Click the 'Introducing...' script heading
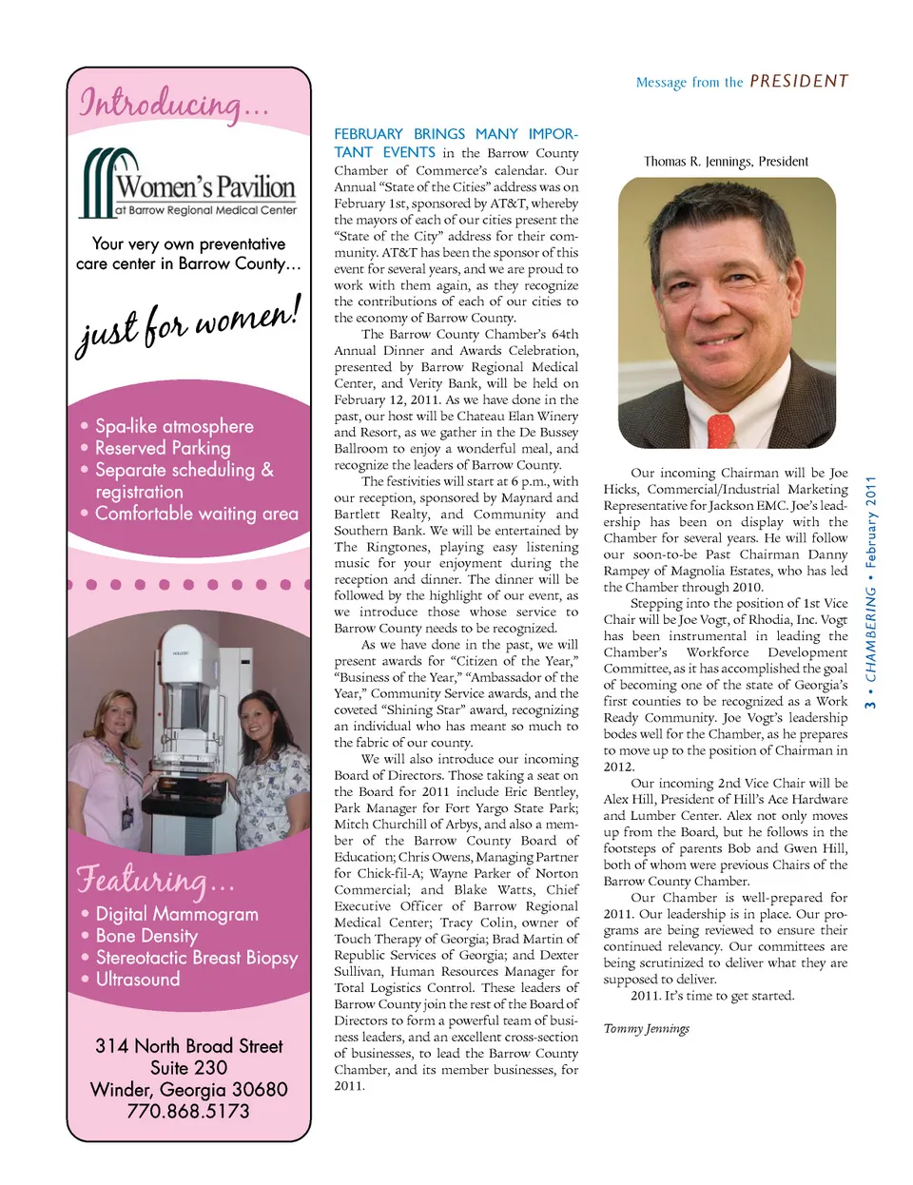(x=172, y=104)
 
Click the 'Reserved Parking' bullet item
(x=163, y=448)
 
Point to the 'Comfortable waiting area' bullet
(x=196, y=514)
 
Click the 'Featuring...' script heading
(x=154, y=880)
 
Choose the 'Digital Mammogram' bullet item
(x=177, y=914)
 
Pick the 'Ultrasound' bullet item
(x=138, y=980)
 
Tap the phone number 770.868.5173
(x=188, y=1111)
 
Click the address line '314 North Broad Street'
(x=188, y=1046)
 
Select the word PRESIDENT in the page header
(x=799, y=82)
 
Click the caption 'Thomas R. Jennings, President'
(x=726, y=162)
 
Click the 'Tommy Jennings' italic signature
(x=647, y=1028)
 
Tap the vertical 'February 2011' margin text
(x=870, y=522)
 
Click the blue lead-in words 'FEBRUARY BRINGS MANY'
(x=426, y=134)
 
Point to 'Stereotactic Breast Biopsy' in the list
(x=196, y=958)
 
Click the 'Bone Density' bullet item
(x=146, y=936)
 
